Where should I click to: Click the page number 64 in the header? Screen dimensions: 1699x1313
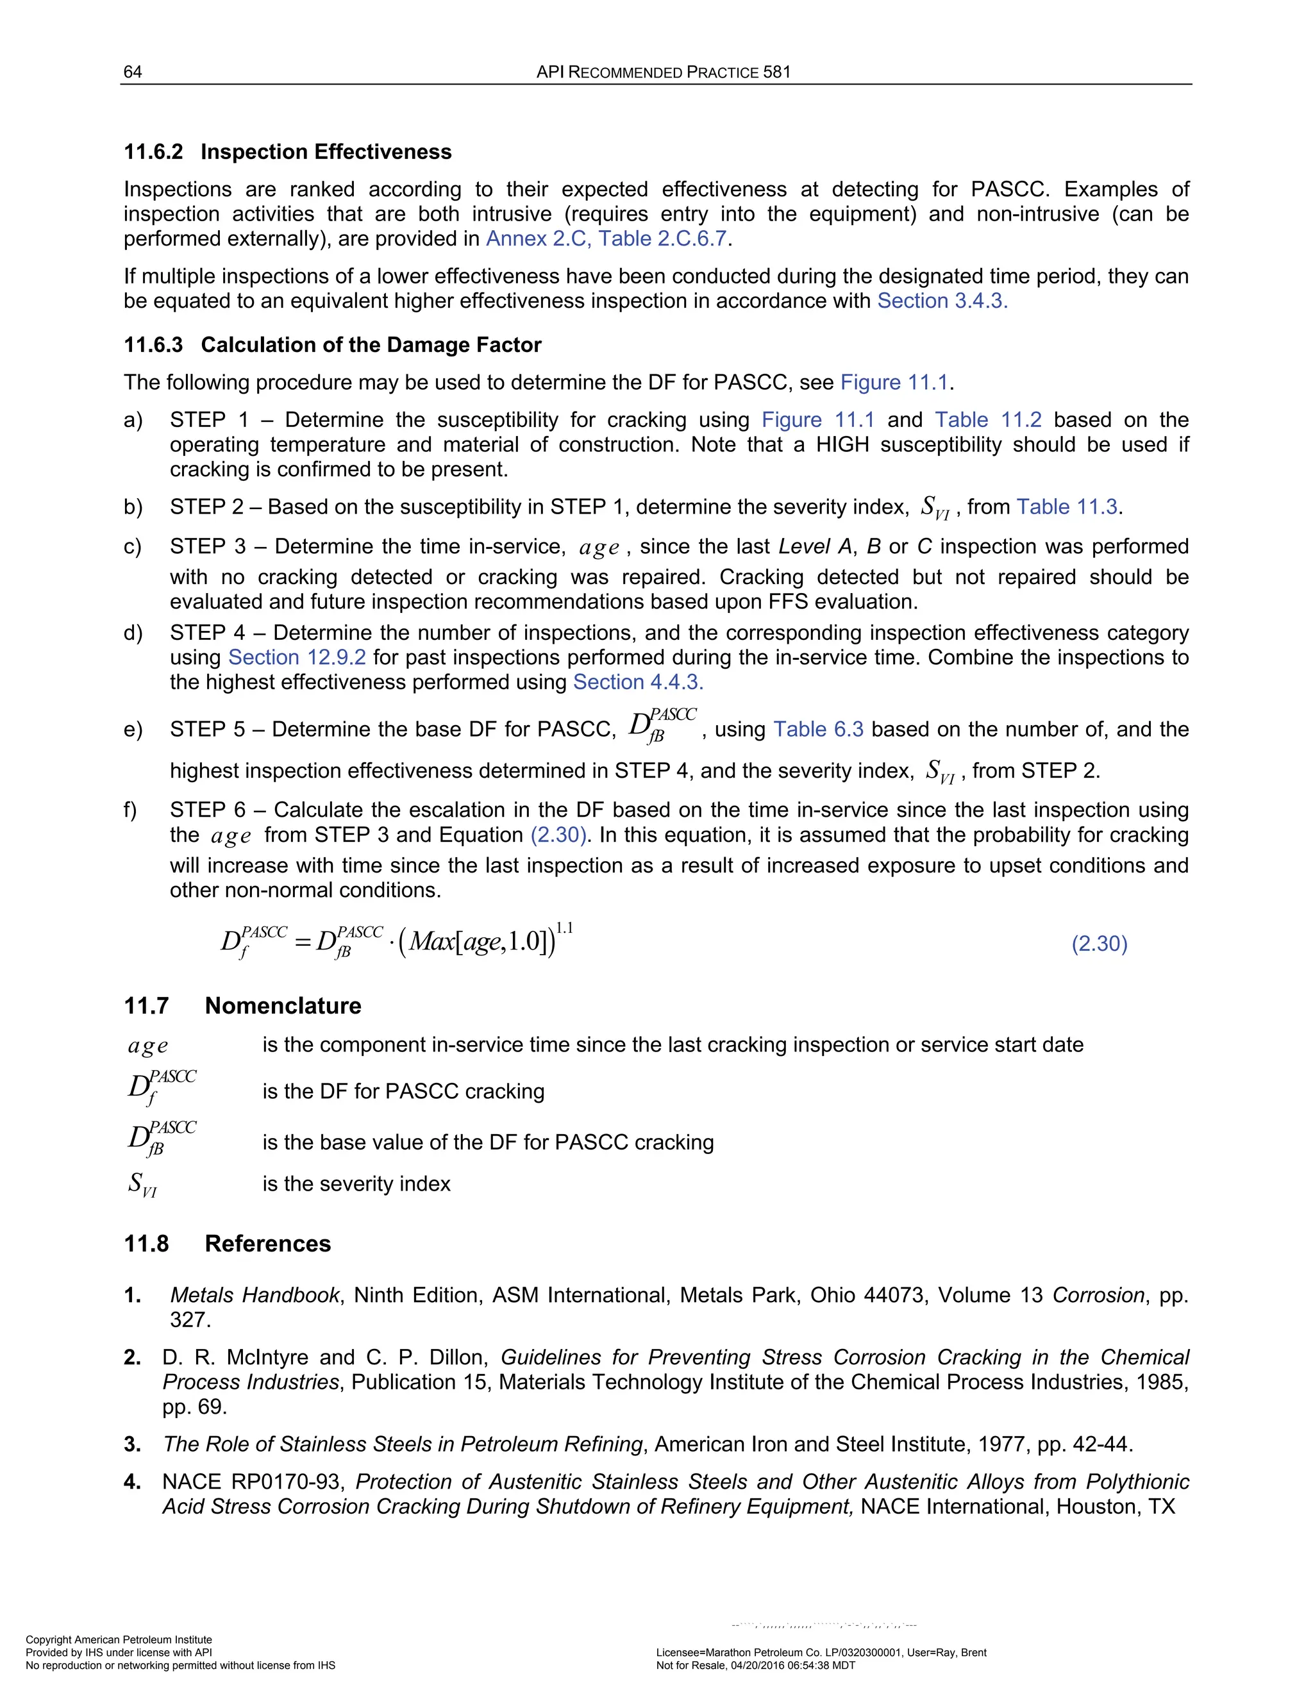[x=132, y=72]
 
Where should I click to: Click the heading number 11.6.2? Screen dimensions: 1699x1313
[x=153, y=152]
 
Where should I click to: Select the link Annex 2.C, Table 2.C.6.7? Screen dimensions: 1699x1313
[x=606, y=239]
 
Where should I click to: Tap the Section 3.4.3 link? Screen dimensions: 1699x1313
[x=942, y=301]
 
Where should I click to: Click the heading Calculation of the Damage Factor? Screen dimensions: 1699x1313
[x=371, y=345]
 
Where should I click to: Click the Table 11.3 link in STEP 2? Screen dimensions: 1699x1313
[x=1067, y=507]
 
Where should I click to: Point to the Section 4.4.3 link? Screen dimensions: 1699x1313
[x=638, y=682]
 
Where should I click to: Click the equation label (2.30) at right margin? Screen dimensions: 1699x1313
[x=1099, y=944]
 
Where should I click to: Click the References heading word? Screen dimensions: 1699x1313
[x=267, y=1244]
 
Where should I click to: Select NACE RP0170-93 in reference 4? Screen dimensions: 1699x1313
[x=253, y=1482]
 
